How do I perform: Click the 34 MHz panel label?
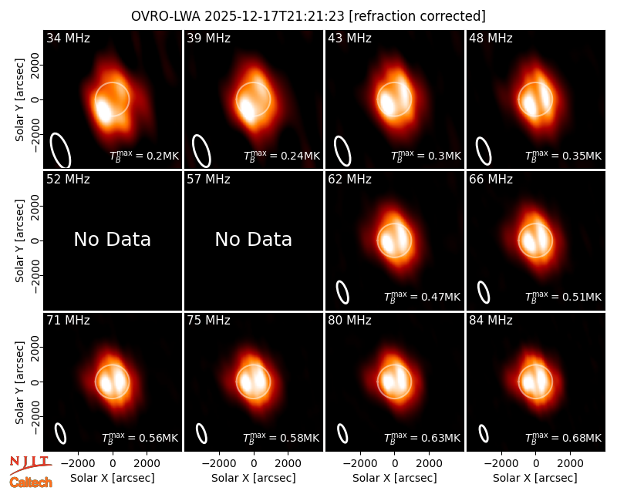click(x=68, y=38)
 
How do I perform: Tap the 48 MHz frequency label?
click(x=491, y=38)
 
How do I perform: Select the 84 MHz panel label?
click(x=491, y=321)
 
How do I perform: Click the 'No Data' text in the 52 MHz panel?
click(x=112, y=240)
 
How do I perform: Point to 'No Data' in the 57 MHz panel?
click(x=254, y=240)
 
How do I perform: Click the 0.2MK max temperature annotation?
click(x=144, y=156)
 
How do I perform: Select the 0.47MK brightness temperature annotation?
click(x=422, y=297)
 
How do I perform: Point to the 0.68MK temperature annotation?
click(x=564, y=438)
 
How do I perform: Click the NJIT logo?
click(x=30, y=464)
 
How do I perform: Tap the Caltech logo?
click(x=31, y=483)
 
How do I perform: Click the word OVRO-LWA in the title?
click(x=166, y=16)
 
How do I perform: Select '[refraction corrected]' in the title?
click(x=417, y=16)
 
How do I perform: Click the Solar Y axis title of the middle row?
click(x=19, y=240)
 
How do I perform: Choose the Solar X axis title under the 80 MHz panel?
click(x=395, y=478)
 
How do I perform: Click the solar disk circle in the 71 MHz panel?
click(x=112, y=365)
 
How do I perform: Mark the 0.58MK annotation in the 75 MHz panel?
click(x=281, y=438)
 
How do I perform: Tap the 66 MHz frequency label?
click(x=491, y=180)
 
